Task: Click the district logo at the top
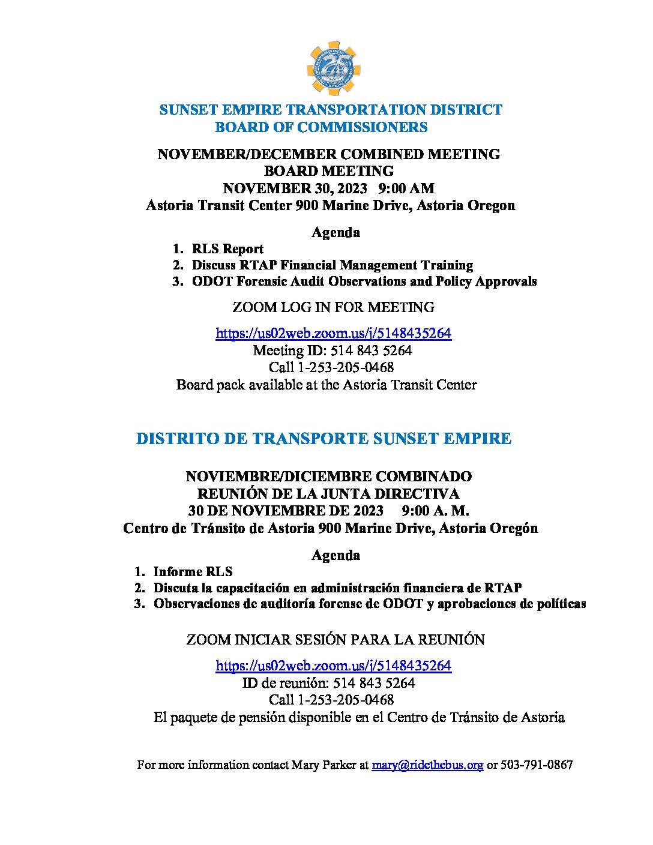point(333,68)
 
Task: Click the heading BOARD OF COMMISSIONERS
point(321,127)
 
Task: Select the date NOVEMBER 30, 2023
point(295,188)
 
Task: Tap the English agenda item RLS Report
point(227,249)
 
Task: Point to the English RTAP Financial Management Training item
point(332,265)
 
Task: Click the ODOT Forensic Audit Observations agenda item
point(364,281)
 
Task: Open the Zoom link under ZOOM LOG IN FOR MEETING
point(333,334)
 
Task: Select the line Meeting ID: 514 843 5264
point(332,350)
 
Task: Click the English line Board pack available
point(326,385)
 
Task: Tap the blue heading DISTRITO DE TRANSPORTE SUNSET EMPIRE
point(323,439)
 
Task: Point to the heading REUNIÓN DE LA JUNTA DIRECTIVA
point(328,494)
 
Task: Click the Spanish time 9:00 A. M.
point(435,511)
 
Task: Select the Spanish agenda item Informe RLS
point(193,572)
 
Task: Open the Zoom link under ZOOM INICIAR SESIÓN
point(333,666)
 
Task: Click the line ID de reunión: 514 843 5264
point(328,683)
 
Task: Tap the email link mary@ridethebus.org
point(427,765)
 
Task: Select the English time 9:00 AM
point(406,188)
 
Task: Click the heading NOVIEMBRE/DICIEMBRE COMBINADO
point(328,477)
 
